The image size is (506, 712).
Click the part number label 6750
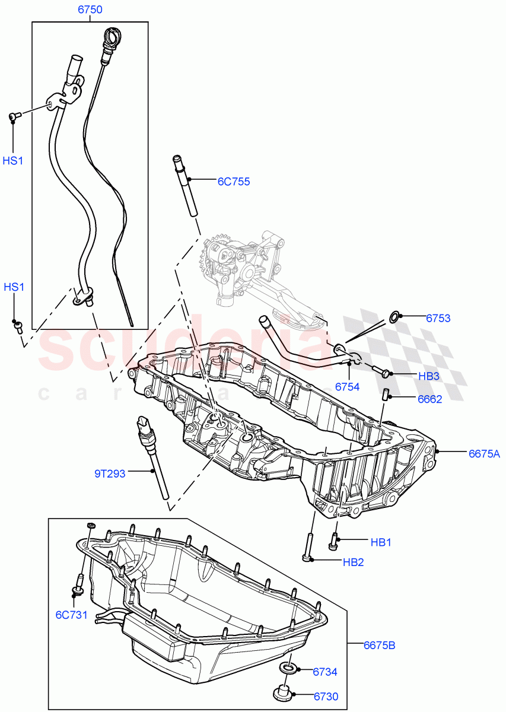point(90,9)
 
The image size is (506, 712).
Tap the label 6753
point(438,318)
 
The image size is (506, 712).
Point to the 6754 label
point(347,386)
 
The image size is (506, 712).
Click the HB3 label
point(428,376)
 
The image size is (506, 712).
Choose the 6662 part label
point(429,399)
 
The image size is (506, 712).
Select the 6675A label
point(484,454)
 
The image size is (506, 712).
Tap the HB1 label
point(381,542)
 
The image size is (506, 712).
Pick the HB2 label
point(353,562)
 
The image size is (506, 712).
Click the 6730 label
point(326,697)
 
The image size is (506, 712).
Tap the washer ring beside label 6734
point(288,669)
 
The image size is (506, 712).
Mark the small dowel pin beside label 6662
point(384,394)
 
